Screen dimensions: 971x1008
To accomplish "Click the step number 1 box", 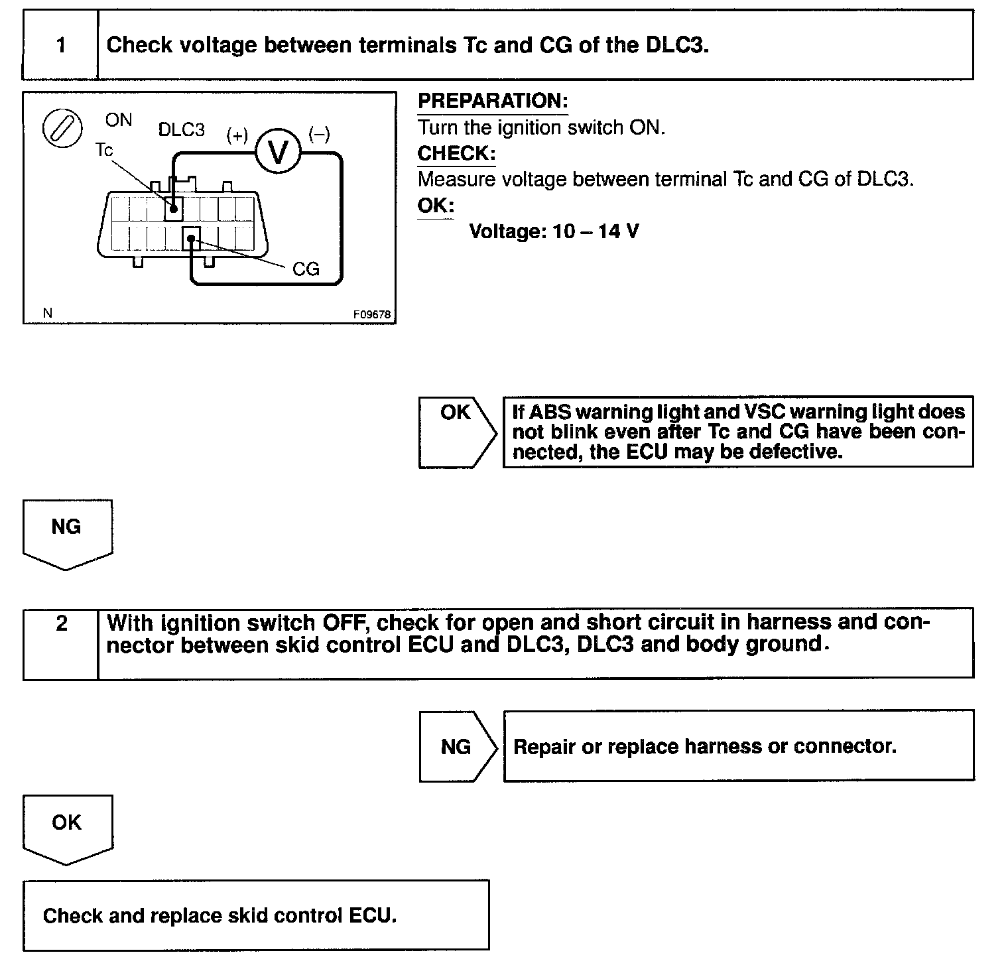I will click(x=60, y=45).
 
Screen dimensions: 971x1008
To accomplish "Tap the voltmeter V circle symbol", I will click(x=279, y=153).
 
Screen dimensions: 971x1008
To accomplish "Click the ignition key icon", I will click(x=62, y=127).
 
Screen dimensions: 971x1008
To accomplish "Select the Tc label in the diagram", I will click(x=104, y=150).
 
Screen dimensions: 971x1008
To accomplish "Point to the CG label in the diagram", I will click(x=306, y=269).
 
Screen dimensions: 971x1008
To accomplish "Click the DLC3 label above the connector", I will click(x=182, y=129).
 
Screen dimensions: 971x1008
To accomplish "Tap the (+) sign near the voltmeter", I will click(x=237, y=135).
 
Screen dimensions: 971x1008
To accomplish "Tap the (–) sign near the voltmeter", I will click(x=319, y=135).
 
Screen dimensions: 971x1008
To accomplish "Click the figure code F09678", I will click(x=371, y=314).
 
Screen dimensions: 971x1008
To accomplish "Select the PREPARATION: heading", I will click(x=493, y=101).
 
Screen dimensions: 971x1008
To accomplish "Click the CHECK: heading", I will click(x=456, y=154).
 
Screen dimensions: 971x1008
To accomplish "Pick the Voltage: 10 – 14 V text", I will click(x=554, y=231).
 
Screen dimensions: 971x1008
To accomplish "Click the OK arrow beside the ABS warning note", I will click(x=456, y=432).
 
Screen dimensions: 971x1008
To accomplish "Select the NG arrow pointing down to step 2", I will click(x=67, y=533).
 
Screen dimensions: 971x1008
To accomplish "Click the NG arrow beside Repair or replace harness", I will click(x=456, y=746).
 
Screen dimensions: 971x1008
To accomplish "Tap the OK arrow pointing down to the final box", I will click(x=67, y=828).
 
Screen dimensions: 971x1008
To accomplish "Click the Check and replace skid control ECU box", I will click(x=256, y=915).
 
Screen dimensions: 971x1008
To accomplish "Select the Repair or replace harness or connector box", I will click(x=738, y=746).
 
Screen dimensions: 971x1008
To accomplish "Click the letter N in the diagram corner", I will click(x=47, y=313).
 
